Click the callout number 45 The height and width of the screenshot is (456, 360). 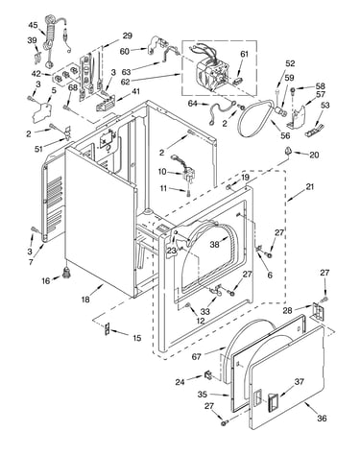point(33,25)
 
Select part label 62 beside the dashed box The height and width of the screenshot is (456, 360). point(126,82)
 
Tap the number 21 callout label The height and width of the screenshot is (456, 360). point(310,186)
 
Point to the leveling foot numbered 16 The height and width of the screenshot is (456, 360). point(67,274)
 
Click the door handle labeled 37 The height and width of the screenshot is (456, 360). point(273,401)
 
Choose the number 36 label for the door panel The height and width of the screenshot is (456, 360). point(322,418)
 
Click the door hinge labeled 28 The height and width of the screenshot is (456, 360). point(317,311)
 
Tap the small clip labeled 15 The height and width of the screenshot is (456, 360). point(108,328)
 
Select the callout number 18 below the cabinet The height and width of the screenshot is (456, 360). point(85,300)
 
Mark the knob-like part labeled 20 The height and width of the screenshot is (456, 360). point(288,150)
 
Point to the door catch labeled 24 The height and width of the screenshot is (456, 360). point(208,375)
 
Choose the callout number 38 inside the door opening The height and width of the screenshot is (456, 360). point(214,244)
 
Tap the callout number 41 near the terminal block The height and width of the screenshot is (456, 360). point(136,91)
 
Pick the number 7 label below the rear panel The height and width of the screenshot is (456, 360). point(31,262)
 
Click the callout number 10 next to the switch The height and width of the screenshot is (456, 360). point(162,172)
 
